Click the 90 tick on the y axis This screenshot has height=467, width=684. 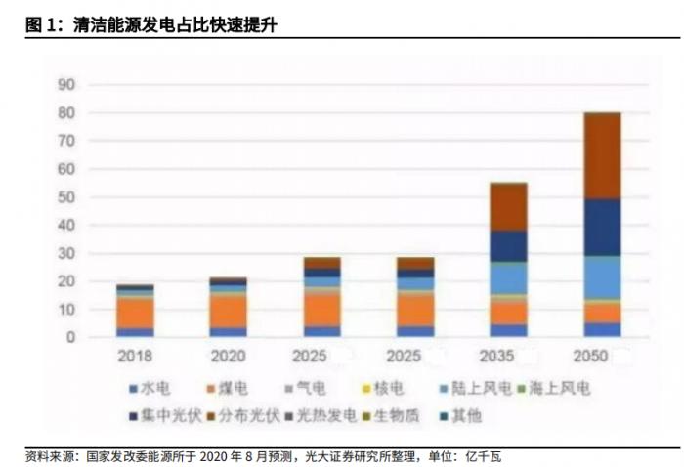[65, 85]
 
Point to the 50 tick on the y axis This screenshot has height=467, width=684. [65, 197]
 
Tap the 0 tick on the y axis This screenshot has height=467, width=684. [70, 338]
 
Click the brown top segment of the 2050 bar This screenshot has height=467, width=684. [602, 155]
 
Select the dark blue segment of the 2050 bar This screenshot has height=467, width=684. [602, 228]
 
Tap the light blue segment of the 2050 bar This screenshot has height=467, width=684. [602, 277]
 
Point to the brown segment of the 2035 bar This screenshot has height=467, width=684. [509, 206]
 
